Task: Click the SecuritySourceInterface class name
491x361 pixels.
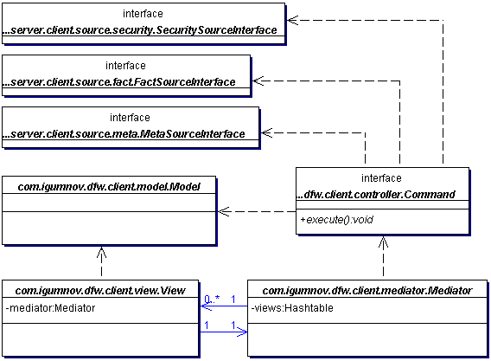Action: coord(140,30)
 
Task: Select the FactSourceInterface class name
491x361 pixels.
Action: coord(119,82)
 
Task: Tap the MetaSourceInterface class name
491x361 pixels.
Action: coord(124,134)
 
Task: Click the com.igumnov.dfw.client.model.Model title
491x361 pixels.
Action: coord(109,187)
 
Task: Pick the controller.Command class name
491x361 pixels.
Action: coord(375,195)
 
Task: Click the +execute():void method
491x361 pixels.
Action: coord(336,220)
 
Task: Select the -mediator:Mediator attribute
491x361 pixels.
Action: coord(50,308)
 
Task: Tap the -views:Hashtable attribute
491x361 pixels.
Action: coord(292,308)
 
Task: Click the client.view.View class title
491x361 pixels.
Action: coord(100,291)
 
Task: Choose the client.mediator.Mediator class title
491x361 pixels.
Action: coord(367,291)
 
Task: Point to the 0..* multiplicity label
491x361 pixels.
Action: coord(212,300)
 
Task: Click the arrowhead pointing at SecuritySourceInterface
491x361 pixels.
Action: coord(292,21)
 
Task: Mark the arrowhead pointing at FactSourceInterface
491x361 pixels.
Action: coord(258,81)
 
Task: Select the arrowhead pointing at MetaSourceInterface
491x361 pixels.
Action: coord(267,132)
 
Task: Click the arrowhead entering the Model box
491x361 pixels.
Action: coord(224,212)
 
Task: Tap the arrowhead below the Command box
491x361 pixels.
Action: coord(383,242)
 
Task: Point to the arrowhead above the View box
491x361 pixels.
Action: coord(101,253)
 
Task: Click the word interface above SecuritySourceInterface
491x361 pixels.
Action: coord(143,14)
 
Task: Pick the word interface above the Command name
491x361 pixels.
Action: coord(381,178)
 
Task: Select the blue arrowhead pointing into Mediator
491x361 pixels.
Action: coord(242,332)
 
